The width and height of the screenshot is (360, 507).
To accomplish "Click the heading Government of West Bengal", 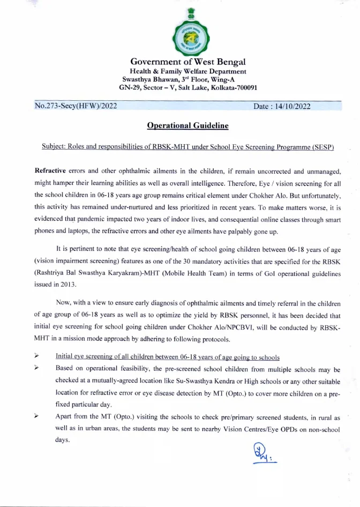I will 188,62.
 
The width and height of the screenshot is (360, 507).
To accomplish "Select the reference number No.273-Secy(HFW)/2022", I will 76,106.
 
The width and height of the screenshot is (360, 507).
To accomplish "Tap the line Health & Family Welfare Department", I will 188,71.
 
